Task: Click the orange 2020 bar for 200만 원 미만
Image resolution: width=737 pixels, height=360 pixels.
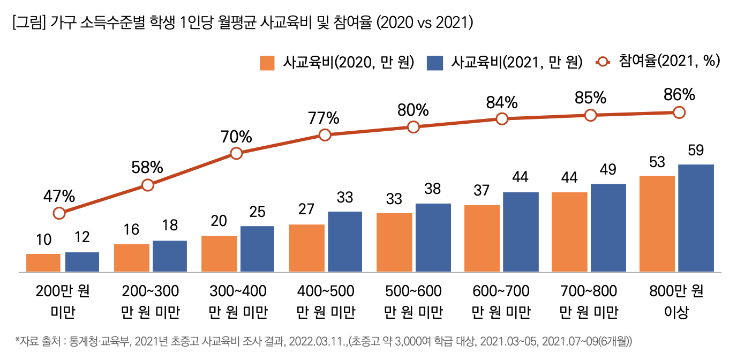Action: click(x=43, y=262)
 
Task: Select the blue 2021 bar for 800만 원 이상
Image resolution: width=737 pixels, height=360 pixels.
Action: click(x=696, y=218)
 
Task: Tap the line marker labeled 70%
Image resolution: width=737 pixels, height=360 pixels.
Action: click(x=236, y=154)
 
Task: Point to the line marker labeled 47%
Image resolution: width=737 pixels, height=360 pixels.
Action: click(x=59, y=213)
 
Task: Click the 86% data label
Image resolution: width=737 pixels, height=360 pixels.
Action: click(x=679, y=95)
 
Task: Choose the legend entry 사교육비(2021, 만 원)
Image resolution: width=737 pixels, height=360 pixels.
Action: click(x=505, y=62)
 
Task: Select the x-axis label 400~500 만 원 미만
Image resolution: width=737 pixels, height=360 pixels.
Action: click(x=326, y=302)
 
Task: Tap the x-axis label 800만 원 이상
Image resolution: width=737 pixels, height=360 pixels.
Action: click(x=676, y=302)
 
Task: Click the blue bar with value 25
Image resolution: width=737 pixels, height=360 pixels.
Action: click(x=257, y=249)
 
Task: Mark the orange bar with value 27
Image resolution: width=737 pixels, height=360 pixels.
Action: click(x=307, y=248)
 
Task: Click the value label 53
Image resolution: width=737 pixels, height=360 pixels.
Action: click(x=657, y=161)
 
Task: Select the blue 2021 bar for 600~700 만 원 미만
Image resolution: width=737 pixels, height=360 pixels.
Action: click(x=521, y=232)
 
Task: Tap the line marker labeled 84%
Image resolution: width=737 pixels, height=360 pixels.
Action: click(x=502, y=119)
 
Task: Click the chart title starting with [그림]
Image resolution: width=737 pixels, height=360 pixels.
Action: click(x=242, y=23)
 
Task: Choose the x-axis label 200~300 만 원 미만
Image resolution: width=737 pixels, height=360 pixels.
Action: click(x=151, y=302)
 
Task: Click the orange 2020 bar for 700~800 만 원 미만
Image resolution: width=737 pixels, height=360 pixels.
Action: click(x=569, y=232)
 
